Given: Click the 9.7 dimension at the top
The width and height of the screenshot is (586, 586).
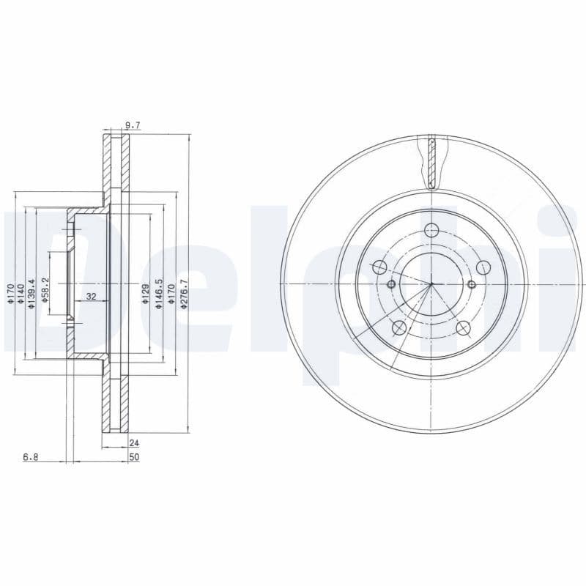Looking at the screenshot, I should (x=133, y=126).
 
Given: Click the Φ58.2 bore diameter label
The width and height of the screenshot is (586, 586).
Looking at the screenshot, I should (x=45, y=290).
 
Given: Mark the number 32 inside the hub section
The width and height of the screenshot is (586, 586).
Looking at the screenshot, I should (x=92, y=297).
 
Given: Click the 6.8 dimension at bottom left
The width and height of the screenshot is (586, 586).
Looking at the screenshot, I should (x=30, y=457).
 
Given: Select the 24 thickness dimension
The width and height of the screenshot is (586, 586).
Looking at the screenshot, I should (x=133, y=442).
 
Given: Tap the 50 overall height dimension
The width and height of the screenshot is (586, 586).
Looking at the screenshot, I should (x=133, y=457).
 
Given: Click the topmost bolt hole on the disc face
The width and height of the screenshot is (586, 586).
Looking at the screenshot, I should (x=431, y=227).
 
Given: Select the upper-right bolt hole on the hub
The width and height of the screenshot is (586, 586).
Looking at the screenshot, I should (x=484, y=267).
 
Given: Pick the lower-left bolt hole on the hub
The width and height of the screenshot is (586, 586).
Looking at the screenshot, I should (x=399, y=328).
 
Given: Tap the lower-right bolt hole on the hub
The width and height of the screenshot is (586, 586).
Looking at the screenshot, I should (x=463, y=328).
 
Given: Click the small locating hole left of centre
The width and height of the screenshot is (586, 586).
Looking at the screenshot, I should (x=391, y=284).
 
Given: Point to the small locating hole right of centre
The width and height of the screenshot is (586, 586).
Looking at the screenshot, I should (x=471, y=284).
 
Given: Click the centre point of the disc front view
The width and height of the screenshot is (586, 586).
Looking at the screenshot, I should (x=431, y=283).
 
